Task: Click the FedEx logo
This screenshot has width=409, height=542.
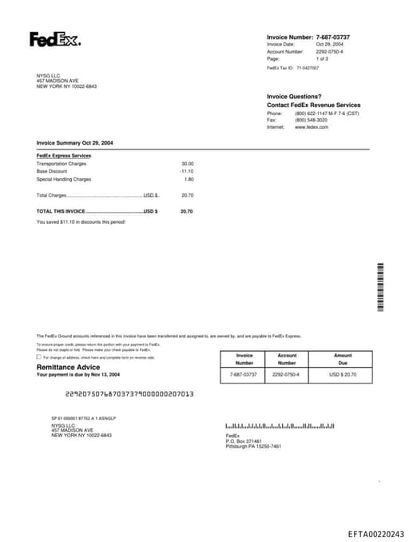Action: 54,39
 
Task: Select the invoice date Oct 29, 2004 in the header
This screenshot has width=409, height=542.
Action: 329,44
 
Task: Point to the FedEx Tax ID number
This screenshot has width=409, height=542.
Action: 308,68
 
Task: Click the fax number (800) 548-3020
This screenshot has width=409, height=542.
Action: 311,120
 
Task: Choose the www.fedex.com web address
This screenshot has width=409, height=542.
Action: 312,127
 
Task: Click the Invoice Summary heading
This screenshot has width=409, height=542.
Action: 74,142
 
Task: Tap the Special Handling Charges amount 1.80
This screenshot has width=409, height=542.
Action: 189,179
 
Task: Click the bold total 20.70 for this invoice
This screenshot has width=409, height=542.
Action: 187,211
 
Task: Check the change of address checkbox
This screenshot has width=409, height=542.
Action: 39,357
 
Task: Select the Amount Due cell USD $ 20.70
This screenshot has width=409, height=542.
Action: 343,374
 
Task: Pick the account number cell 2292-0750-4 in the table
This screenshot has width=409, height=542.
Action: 286,374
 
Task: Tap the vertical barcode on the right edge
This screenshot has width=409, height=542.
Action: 380,286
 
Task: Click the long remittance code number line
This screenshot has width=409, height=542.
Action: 129,394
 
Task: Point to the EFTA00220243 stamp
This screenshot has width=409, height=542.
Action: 375,533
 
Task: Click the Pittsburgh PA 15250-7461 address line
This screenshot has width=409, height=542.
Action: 253,446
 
